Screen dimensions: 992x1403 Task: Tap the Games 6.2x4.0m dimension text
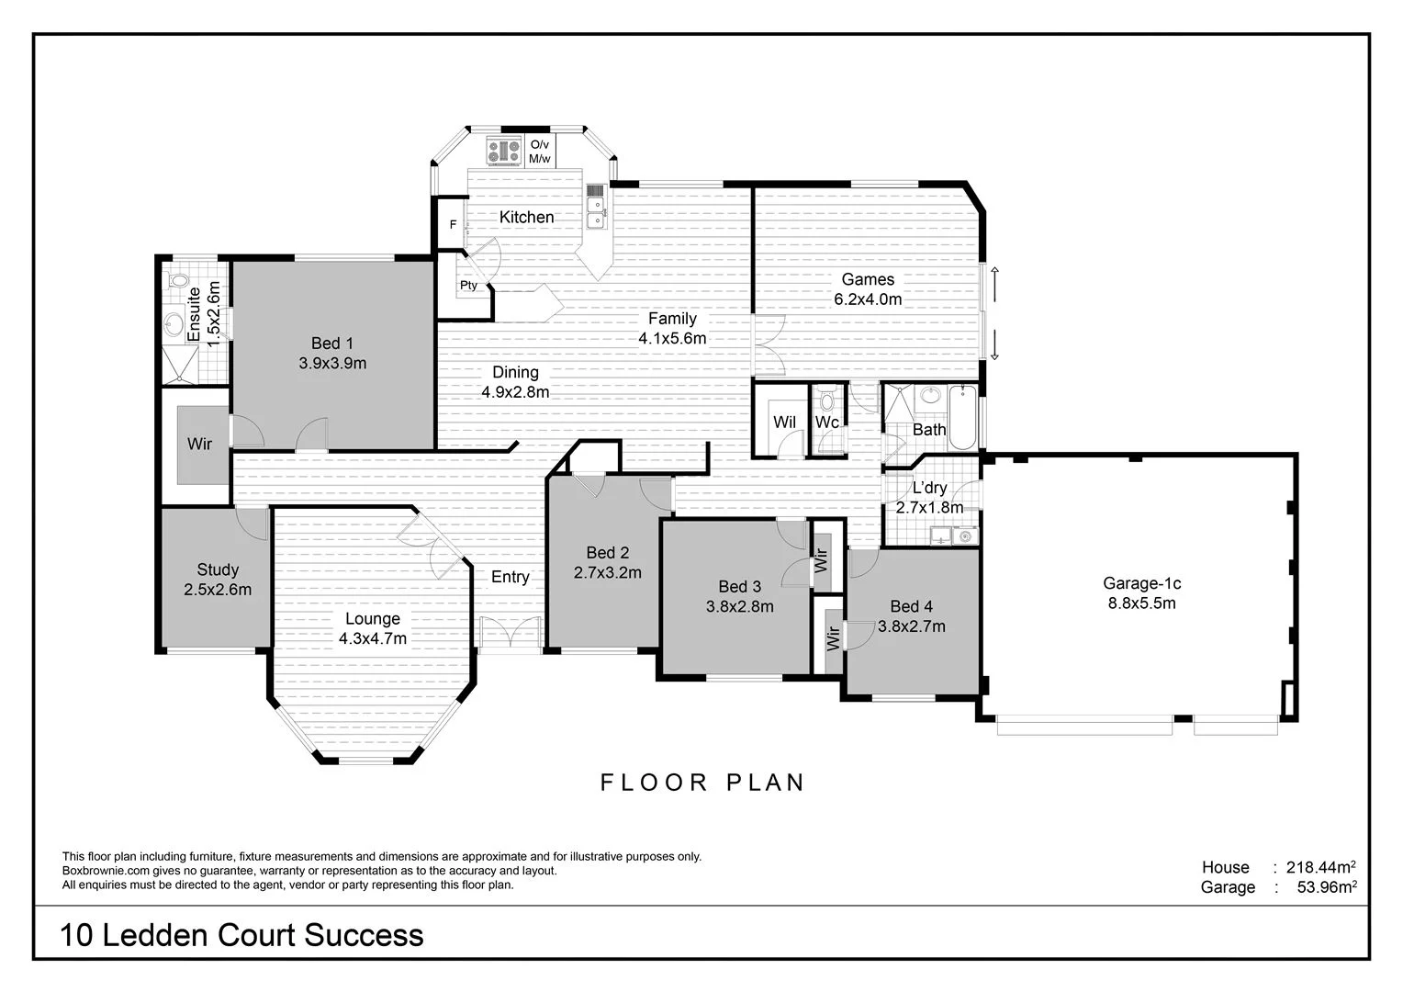[868, 299]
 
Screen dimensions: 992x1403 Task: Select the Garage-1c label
[1141, 583]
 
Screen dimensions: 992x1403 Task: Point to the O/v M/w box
[540, 152]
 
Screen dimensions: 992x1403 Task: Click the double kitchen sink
[596, 207]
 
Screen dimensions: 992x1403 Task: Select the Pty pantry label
[468, 286]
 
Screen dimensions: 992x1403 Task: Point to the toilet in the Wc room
[828, 400]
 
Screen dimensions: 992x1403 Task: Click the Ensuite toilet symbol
[178, 281]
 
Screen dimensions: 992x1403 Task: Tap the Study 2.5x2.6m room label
[218, 580]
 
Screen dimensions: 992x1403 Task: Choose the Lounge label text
[372, 619]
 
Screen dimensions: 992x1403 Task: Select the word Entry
[510, 577]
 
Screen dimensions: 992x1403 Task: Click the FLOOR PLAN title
[702, 783]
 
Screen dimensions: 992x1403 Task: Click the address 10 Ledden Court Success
[241, 935]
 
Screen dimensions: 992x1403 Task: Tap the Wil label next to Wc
[784, 423]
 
